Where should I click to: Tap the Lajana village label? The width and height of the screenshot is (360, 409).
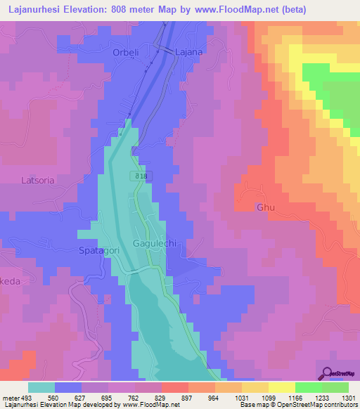pos(189,52)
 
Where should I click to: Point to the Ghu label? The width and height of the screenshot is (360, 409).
pos(264,208)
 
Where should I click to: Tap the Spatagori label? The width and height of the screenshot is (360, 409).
pos(97,250)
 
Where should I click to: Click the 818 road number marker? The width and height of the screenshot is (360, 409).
pos(139,176)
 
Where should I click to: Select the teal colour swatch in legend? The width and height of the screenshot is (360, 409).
pos(41,387)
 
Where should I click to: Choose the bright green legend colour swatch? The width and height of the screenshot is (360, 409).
pos(308,387)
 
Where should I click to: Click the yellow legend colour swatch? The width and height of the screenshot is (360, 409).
pos(255,387)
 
